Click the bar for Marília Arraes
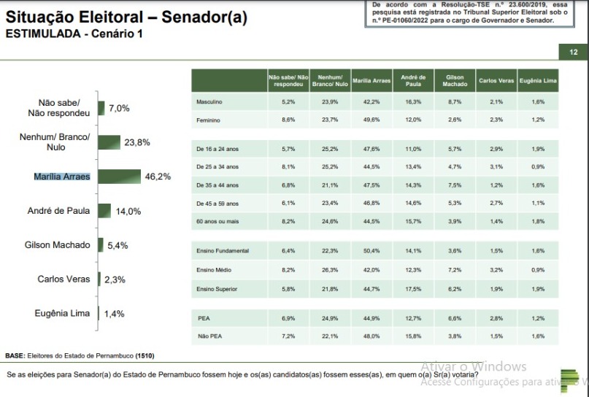119,176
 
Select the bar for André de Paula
104,211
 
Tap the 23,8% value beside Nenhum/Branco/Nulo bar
136,142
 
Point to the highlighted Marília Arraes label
62,177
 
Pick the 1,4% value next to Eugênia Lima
114,314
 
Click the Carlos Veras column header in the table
496,80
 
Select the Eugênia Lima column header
539,80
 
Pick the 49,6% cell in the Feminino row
372,119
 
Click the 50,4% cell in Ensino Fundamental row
372,251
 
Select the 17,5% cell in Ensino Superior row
413,289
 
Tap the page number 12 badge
573,52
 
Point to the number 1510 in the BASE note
144,355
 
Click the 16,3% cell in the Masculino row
413,102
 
